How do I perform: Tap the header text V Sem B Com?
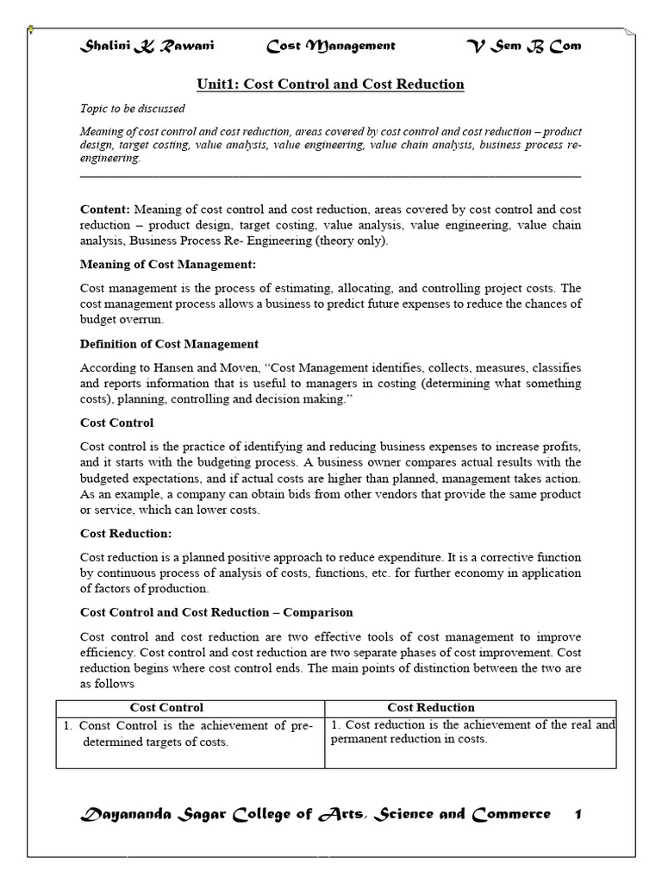(523, 46)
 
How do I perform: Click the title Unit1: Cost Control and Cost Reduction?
(330, 85)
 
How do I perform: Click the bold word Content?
(105, 210)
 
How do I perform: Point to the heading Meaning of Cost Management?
(168, 264)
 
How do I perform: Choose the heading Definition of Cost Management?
(169, 344)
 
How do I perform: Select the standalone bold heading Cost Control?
(117, 423)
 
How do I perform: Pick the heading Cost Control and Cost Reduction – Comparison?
(216, 612)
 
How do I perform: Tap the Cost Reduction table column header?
(430, 708)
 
